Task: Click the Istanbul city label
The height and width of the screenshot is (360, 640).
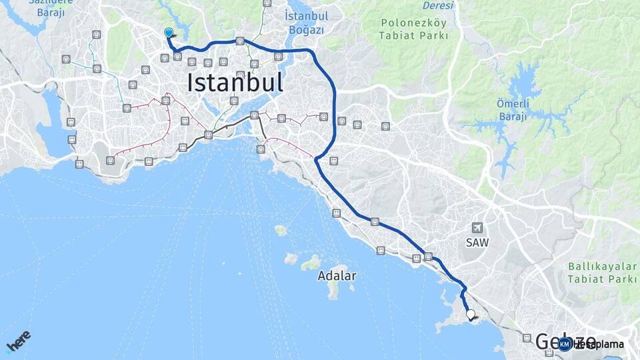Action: [235, 83]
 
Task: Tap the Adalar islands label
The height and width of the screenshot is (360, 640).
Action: [337, 275]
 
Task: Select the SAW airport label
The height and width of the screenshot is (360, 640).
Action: [477, 243]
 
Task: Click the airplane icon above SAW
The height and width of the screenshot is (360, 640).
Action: [477, 228]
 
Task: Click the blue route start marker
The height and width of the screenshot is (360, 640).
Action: [169, 33]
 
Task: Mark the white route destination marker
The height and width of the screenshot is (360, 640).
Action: [471, 315]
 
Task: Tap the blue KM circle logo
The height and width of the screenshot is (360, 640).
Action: [565, 344]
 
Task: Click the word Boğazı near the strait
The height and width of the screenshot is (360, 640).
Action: [307, 30]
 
